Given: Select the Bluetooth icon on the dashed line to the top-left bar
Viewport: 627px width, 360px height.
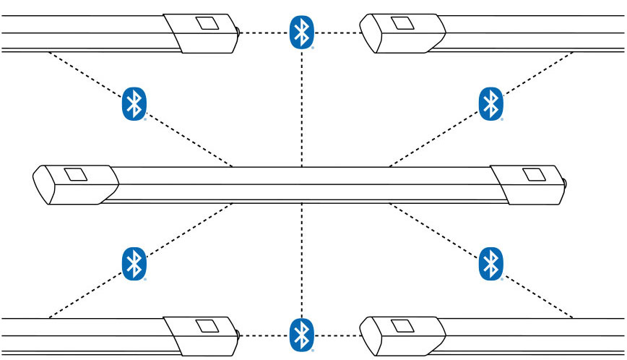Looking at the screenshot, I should [x=133, y=104].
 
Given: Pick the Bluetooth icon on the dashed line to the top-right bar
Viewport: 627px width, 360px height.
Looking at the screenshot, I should [x=491, y=104].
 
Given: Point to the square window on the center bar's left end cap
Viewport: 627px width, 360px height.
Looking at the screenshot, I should [x=75, y=174].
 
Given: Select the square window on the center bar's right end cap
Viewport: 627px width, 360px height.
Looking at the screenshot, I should [x=534, y=174].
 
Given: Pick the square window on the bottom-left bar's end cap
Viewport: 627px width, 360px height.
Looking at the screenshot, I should [x=208, y=326].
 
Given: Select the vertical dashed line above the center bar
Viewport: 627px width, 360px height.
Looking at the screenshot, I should [x=302, y=108].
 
